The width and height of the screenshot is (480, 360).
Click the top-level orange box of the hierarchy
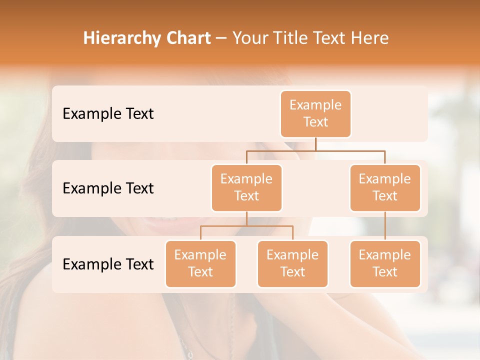315,113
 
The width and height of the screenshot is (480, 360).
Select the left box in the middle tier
246,187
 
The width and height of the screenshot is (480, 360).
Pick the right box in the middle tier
385,187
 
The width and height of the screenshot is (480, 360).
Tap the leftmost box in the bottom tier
200,263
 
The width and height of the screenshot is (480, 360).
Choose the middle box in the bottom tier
292,263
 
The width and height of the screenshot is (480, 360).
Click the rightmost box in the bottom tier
385,263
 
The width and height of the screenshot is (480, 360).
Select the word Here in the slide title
370,38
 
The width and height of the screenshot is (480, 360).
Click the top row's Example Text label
108,113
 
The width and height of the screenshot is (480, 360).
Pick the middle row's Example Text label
108,188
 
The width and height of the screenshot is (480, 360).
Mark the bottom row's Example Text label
108,264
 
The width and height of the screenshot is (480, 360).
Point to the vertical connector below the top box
315,144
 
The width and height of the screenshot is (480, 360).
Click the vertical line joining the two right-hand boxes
385,226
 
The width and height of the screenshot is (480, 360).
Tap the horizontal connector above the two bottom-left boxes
246,226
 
